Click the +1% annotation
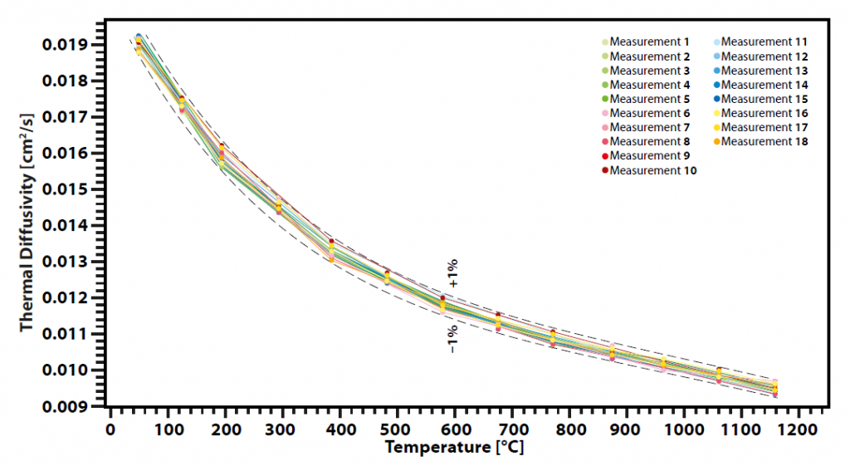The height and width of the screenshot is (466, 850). click(x=453, y=272)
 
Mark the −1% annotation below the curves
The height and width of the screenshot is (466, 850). click(x=452, y=337)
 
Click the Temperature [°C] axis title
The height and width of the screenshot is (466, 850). click(x=454, y=447)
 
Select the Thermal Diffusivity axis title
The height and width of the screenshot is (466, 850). click(x=27, y=224)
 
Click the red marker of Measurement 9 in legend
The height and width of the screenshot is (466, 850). click(x=604, y=156)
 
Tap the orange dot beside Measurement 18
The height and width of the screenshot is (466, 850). click(x=717, y=142)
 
